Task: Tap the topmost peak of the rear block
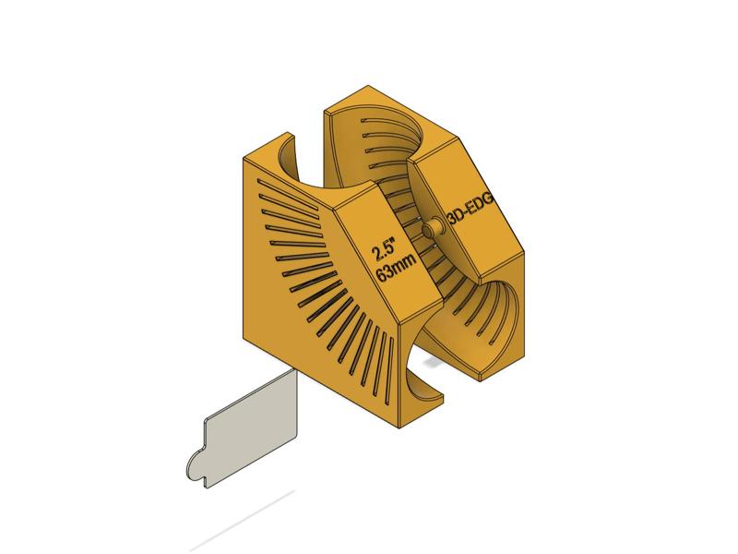pos(367,85)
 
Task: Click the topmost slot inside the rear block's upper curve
pos(374,119)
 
